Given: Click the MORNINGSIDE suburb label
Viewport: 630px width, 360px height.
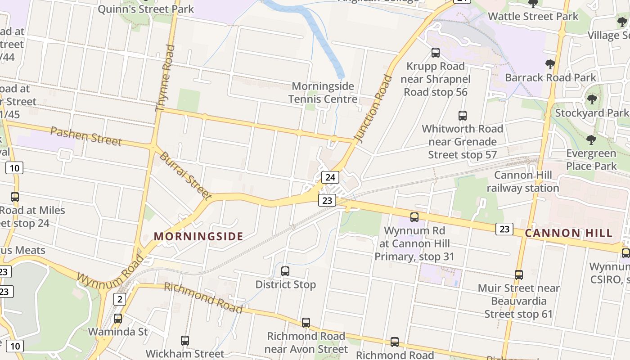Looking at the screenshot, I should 198,236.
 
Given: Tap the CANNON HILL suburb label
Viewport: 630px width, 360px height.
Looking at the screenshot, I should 569,233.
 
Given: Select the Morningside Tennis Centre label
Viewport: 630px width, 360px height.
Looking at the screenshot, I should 323,93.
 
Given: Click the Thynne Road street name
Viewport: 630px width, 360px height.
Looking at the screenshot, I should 164,78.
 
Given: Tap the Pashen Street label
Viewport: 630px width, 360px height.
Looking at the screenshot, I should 85,136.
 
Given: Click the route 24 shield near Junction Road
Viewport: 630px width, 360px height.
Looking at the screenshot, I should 330,177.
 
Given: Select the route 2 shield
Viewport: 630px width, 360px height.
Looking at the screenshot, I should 119,299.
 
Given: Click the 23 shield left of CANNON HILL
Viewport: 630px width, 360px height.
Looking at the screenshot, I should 504,229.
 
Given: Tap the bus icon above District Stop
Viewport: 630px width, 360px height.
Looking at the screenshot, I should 285,271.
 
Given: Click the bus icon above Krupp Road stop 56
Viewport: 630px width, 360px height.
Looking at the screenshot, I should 435,53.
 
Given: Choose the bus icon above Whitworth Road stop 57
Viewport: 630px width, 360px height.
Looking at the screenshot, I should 463,116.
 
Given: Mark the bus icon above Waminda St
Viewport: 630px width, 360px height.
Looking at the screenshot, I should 118,319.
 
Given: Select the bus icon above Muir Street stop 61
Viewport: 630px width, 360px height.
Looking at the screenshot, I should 519,274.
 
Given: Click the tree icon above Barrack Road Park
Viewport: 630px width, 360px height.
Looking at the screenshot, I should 550,64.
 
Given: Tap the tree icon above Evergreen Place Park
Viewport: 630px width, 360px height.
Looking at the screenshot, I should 591,140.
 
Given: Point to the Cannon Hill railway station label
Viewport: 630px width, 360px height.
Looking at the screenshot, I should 522,181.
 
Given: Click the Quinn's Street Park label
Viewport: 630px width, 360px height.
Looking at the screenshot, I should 146,9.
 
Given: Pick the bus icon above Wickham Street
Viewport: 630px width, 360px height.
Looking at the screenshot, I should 185,341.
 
